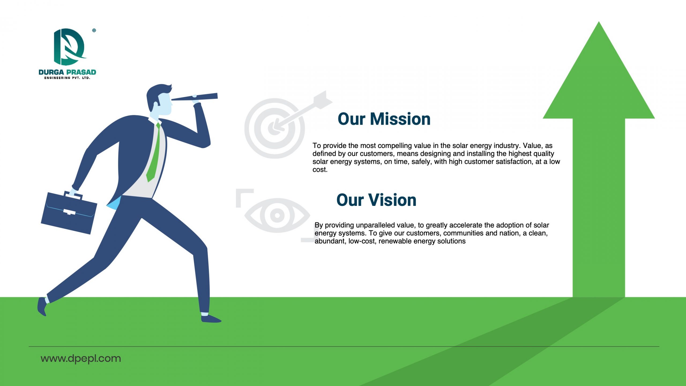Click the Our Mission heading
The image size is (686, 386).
coord(384,119)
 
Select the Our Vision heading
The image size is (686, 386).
coord(376,200)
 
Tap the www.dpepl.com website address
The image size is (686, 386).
coord(81,359)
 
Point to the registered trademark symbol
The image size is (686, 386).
coord(94,30)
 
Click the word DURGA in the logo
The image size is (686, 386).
coord(51,72)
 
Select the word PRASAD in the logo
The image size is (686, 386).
coord(81,72)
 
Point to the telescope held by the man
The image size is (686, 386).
coord(195,97)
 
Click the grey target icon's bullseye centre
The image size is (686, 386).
coord(274,128)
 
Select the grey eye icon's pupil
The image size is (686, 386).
coord(277,215)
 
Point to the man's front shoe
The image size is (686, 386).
coord(211,318)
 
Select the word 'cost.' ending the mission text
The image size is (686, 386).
coord(320,170)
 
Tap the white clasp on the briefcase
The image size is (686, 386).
coord(69,212)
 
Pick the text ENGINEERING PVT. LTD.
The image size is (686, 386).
coord(67,78)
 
